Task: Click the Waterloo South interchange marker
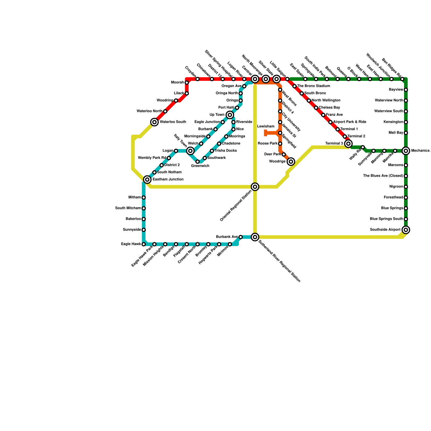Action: click(154, 122)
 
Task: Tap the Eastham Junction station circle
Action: click(147, 179)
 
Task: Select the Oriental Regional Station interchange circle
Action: click(255, 187)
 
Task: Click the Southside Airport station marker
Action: click(406, 230)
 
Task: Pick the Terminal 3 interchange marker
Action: click(348, 144)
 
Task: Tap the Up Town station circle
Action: click(230, 115)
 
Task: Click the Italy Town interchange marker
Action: click(190, 151)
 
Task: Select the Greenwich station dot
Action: click(197, 162)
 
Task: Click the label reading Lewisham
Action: click(266, 126)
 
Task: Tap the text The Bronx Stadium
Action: click(314, 86)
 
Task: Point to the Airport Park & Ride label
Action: click(350, 122)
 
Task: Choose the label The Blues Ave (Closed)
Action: click(383, 176)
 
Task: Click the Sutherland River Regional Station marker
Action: click(255, 237)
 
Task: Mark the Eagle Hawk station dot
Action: click(144, 244)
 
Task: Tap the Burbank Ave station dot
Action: click(241, 237)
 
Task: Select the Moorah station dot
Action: click(187, 82)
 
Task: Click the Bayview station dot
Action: click(406, 90)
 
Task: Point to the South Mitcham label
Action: click(128, 208)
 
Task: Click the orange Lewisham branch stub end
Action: click(266, 133)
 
